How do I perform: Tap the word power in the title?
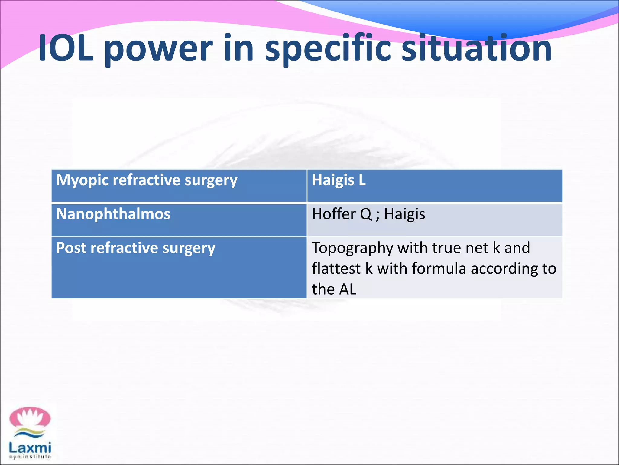[x=159, y=50]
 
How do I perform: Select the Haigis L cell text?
[x=339, y=180]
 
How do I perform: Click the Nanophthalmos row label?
[x=113, y=214]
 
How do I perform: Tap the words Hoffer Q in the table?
[x=342, y=214]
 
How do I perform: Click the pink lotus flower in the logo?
[x=30, y=418]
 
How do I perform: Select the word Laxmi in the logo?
[x=30, y=447]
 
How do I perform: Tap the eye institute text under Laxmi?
[x=30, y=457]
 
